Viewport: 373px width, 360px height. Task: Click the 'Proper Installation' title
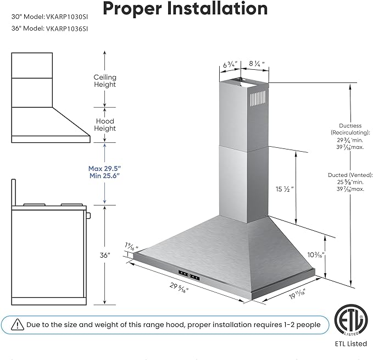tap(185, 9)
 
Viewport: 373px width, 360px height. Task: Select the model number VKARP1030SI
tap(67, 17)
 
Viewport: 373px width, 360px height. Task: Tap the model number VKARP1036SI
tap(67, 29)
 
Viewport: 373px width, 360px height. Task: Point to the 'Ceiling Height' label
tap(105, 81)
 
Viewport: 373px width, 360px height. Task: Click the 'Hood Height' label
tap(105, 125)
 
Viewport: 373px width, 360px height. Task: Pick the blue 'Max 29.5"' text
tap(105, 169)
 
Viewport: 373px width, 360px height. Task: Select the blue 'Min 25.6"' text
tap(105, 176)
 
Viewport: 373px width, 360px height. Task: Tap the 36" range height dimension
tap(105, 256)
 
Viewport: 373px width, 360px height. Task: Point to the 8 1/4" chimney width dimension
tap(257, 64)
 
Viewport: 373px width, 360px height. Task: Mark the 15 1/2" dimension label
tap(285, 189)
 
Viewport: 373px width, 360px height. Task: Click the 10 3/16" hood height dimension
tap(316, 255)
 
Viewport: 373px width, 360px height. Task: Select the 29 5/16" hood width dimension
tap(179, 287)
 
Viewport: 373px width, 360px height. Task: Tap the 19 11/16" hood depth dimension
tap(297, 294)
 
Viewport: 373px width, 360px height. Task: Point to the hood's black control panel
tap(189, 276)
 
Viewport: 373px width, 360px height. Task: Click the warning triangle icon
tap(18, 325)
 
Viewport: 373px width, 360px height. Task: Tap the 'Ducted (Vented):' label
tap(350, 175)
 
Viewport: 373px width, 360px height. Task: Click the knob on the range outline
tap(88, 216)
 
